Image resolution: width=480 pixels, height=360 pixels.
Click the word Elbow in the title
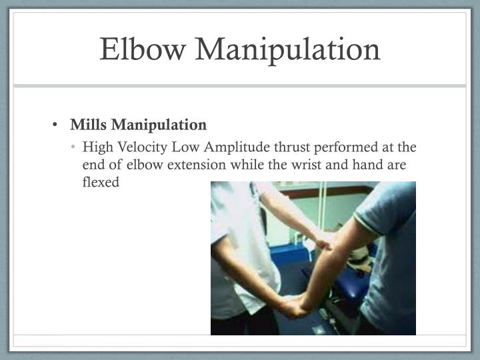143,49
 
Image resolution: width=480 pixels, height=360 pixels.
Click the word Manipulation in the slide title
286,49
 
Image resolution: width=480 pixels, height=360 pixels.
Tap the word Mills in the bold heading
89,125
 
